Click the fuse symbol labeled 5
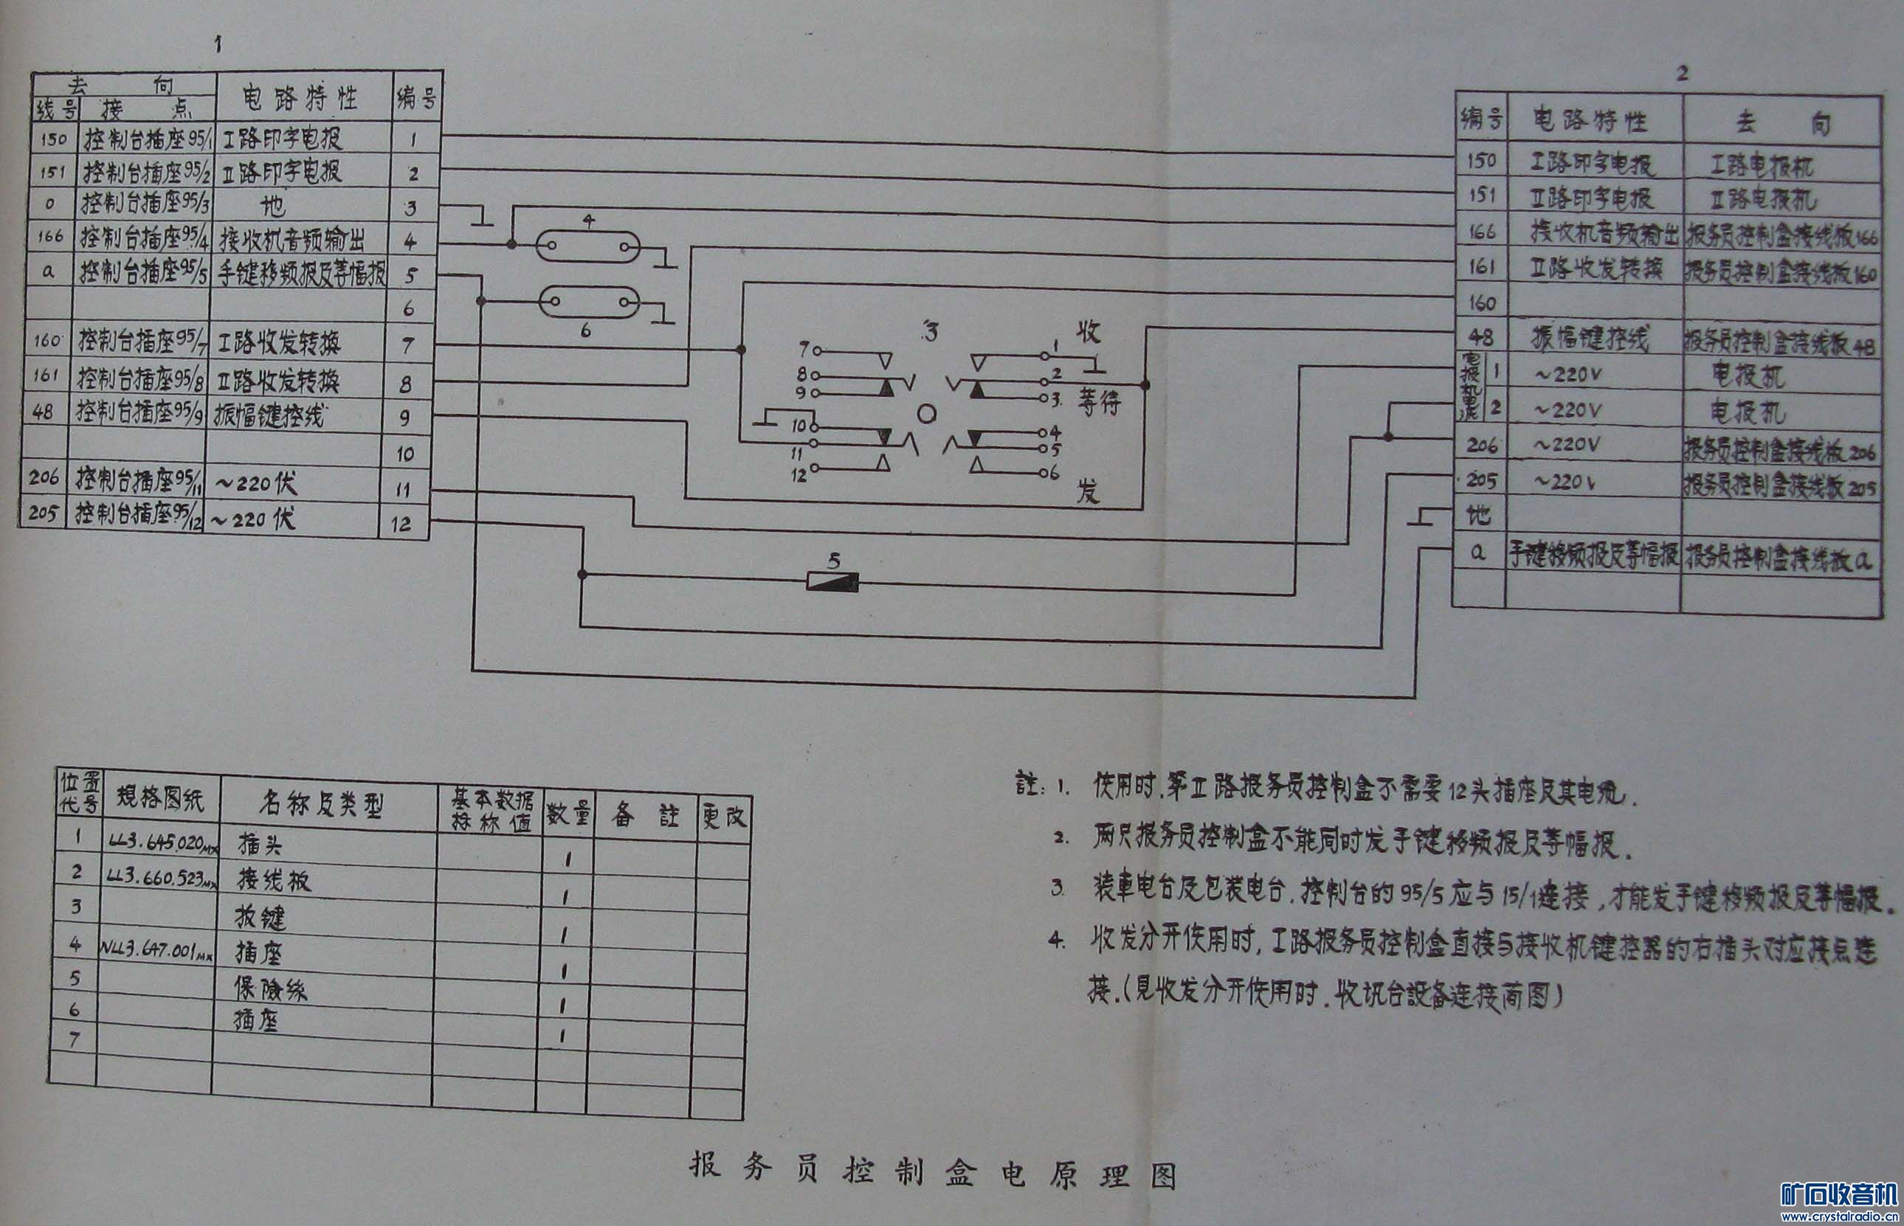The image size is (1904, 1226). coord(832,582)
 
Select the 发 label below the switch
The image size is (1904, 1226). coord(1087,491)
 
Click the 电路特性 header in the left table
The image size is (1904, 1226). coord(300,98)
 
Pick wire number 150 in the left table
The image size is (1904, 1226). coord(53,139)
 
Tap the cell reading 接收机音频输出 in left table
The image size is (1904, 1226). coord(292,238)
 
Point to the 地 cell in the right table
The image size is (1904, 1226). coord(1479,515)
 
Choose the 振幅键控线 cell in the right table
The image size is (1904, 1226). coord(1590,340)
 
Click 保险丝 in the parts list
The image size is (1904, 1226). coord(270,988)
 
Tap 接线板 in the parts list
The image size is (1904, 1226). coord(274,880)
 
